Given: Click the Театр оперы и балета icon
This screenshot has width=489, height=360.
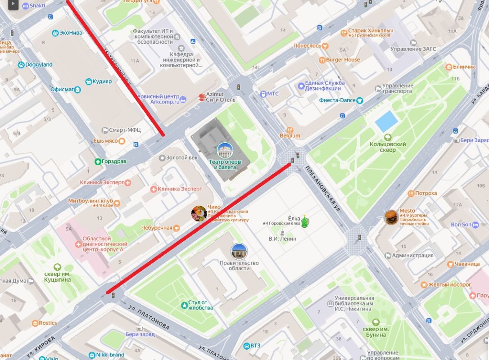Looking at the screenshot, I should tap(225, 150).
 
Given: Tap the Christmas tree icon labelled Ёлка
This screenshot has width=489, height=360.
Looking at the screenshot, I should tap(305, 221).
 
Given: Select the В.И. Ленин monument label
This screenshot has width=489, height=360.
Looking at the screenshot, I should tap(282, 238).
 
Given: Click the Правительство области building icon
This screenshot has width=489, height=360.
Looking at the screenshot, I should tap(239, 251).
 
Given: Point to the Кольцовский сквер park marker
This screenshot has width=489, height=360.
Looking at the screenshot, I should tap(387, 137).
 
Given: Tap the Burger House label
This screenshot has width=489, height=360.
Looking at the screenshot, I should tap(343, 60).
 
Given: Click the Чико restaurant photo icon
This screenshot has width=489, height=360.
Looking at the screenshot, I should tap(199, 213).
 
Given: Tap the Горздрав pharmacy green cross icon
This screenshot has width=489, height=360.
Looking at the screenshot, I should tap(98, 162).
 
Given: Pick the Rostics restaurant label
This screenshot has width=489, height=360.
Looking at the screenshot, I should tap(47, 323).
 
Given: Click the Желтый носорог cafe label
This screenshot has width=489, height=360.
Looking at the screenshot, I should tap(449, 284).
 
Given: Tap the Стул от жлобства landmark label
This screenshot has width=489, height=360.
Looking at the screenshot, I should tap(200, 305).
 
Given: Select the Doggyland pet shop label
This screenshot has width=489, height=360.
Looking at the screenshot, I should tap(39, 65).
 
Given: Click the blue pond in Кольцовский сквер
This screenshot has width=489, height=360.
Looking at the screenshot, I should tap(386, 121).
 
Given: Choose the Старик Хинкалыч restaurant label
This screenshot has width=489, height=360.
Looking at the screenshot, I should tap(371, 31).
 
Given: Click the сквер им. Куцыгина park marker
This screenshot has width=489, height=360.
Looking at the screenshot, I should tap(57, 267).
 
